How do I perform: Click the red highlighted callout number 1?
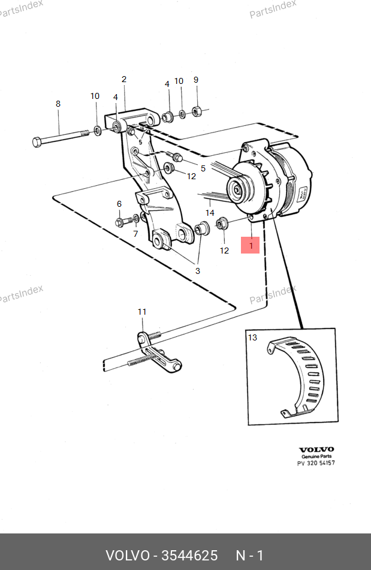click(251, 245)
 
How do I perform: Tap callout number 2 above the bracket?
click(124, 79)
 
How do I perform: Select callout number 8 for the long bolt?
click(58, 104)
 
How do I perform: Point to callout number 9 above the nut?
click(196, 80)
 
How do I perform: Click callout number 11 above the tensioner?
click(141, 312)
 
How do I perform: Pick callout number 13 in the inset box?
click(252, 337)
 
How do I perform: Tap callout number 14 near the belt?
click(210, 213)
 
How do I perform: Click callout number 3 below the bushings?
click(198, 271)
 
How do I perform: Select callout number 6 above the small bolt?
click(119, 204)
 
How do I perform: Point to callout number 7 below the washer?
click(135, 234)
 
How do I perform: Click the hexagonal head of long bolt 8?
click(37, 142)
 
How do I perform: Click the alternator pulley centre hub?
click(237, 189)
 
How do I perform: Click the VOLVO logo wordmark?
click(316, 450)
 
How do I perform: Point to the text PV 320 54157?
click(316, 463)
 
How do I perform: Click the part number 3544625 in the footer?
click(189, 556)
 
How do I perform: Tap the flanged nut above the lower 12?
click(222, 223)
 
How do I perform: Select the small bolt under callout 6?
click(123, 221)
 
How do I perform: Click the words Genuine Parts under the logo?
click(316, 456)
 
